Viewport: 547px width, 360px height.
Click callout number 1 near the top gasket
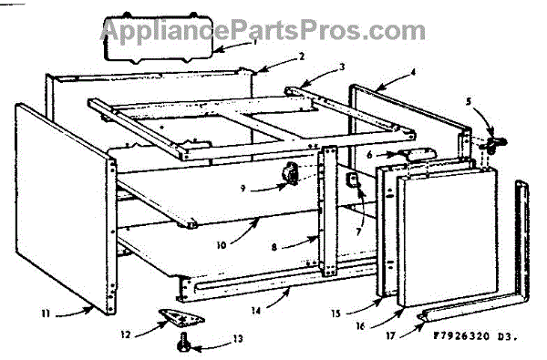point(255,42)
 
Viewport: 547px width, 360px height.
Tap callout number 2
point(302,57)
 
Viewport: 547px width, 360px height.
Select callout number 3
point(342,67)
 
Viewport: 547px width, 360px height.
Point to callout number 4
point(413,73)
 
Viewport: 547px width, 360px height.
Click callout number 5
point(469,101)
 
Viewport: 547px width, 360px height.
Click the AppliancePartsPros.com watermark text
point(263,30)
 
